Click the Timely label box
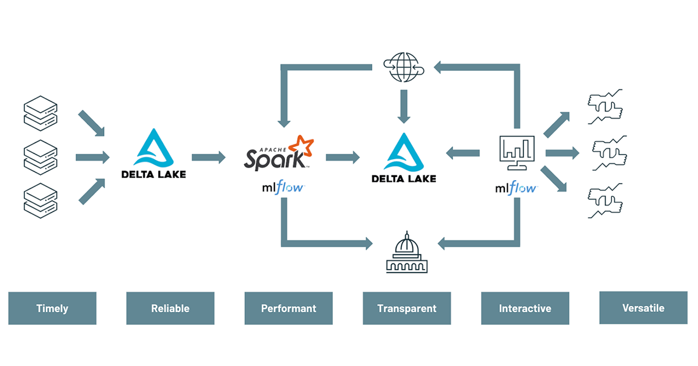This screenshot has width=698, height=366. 52,308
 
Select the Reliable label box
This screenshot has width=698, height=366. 170,308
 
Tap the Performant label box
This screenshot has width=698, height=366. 289,308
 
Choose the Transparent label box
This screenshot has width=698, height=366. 407,308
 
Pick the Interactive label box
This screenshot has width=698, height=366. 525,308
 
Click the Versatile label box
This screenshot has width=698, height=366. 643,308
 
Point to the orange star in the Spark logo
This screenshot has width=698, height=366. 304,145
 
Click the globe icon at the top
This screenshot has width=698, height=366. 403,66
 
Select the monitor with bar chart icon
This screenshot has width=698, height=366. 517,153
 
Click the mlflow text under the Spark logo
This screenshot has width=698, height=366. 281,188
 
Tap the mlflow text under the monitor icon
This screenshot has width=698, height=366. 516,188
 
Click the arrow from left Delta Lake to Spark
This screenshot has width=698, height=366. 208,157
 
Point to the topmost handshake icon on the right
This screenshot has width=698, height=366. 606,106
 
